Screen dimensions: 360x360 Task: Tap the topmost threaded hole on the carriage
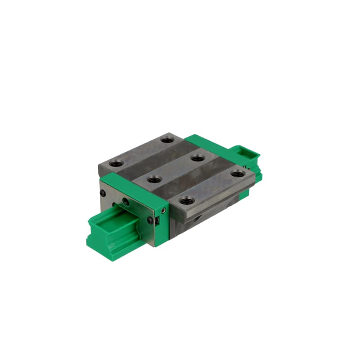[167, 140]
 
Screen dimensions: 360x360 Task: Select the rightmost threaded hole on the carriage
[237, 173]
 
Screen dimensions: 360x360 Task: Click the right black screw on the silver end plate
[150, 220]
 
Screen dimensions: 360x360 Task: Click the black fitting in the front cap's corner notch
[157, 221]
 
